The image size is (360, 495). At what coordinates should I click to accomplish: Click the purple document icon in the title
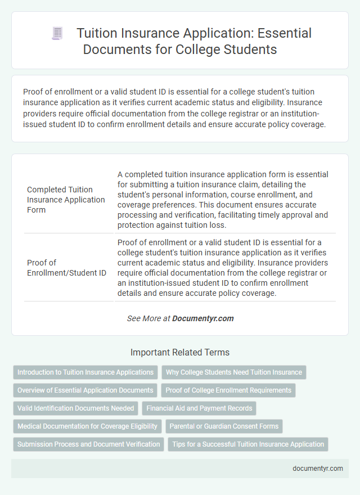click(x=57, y=33)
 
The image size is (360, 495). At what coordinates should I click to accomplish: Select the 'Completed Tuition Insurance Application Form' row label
click(x=66, y=200)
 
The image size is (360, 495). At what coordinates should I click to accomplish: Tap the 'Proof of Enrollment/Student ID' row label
click(x=66, y=267)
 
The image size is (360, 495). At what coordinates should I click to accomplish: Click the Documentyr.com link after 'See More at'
click(x=202, y=318)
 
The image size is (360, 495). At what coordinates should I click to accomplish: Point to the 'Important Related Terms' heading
click(x=180, y=353)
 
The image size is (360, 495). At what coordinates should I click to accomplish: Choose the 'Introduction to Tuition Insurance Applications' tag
click(x=85, y=372)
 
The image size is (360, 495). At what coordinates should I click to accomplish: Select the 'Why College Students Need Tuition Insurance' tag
click(x=233, y=372)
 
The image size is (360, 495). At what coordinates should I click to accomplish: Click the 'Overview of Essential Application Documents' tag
click(x=85, y=390)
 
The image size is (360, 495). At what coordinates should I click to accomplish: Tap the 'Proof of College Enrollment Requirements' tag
click(x=228, y=390)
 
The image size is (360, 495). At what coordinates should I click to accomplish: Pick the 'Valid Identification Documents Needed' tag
click(x=75, y=408)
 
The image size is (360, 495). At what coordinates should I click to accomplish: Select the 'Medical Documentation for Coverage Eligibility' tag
click(x=88, y=426)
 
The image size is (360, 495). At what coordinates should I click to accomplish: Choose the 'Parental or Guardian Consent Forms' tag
click(x=223, y=426)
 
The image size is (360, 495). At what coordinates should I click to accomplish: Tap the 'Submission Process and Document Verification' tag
click(x=89, y=444)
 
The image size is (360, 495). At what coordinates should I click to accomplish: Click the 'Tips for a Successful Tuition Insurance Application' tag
click(x=248, y=444)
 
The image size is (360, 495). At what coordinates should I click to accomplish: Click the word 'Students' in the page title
click(x=251, y=49)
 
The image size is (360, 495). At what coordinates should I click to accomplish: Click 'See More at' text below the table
click(x=148, y=318)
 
